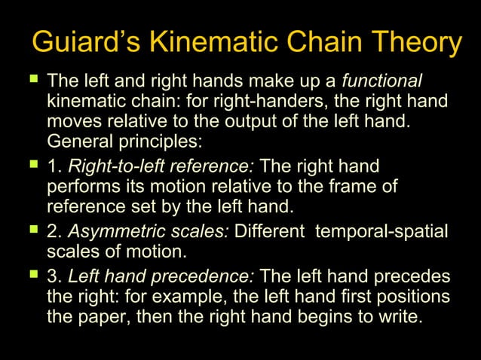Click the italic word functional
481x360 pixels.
tap(382, 81)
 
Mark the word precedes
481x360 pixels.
tap(416, 276)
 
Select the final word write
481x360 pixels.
tap(398, 316)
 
